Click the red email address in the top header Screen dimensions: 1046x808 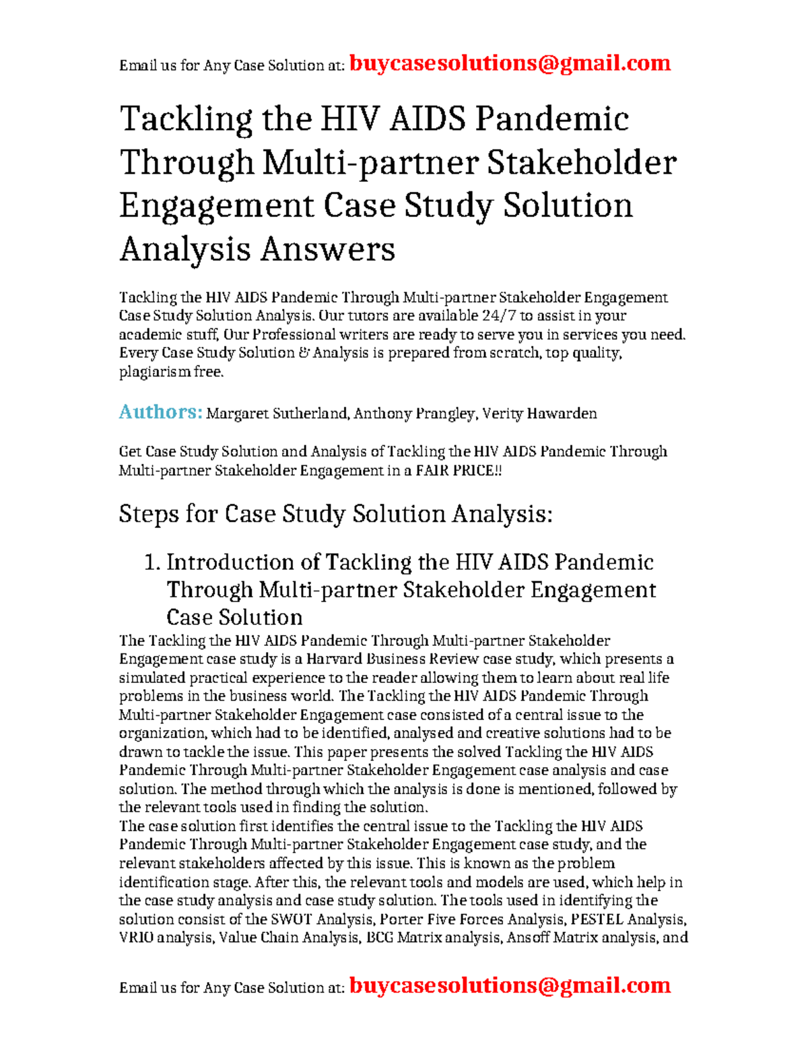coord(510,63)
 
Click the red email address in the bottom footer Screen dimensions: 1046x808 coord(510,985)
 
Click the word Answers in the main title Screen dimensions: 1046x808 coord(327,249)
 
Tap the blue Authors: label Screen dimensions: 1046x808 coord(160,412)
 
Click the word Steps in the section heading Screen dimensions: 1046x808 coord(149,514)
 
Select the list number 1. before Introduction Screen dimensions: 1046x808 coord(153,562)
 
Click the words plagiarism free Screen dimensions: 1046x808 coord(170,372)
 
